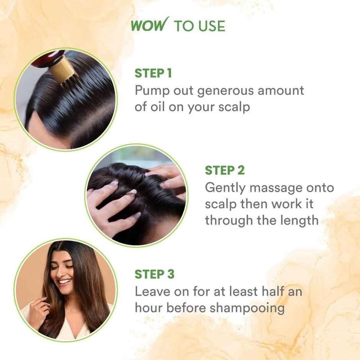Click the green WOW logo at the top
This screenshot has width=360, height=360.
(149, 26)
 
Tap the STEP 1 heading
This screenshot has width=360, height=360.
(153, 73)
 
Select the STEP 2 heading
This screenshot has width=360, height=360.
(224, 170)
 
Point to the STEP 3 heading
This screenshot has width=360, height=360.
(154, 274)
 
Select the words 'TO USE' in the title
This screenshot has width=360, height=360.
(199, 26)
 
